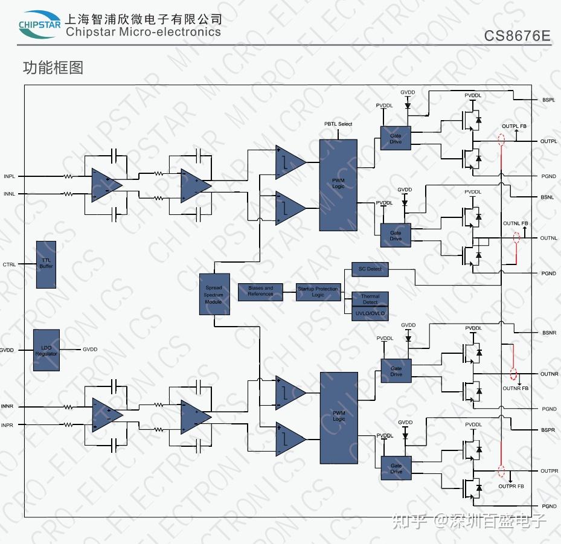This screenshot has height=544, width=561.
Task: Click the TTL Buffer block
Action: (46, 264)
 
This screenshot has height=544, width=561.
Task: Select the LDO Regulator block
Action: (46, 351)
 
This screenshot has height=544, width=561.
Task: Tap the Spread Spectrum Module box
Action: (214, 294)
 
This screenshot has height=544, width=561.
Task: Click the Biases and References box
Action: (260, 291)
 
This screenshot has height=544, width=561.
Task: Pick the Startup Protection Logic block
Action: (318, 292)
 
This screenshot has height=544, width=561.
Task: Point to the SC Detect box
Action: (370, 269)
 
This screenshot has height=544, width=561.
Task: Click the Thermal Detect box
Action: (370, 299)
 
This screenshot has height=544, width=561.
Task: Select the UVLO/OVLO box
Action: (370, 314)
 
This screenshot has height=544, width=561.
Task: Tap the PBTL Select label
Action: (338, 124)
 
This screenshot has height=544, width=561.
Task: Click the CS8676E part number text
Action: (517, 36)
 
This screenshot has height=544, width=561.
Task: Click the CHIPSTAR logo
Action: (39, 24)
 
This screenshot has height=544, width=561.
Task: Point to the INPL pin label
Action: (9, 176)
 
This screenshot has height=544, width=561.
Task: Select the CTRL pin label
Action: (9, 264)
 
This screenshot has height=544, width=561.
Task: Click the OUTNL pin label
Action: (548, 238)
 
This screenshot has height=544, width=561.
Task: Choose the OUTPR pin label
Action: (548, 470)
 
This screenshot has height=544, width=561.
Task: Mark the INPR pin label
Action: (7, 425)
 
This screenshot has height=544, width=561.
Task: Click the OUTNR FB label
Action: (515, 388)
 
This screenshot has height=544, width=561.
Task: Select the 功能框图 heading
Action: (53, 68)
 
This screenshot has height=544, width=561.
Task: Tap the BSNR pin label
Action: (548, 333)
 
